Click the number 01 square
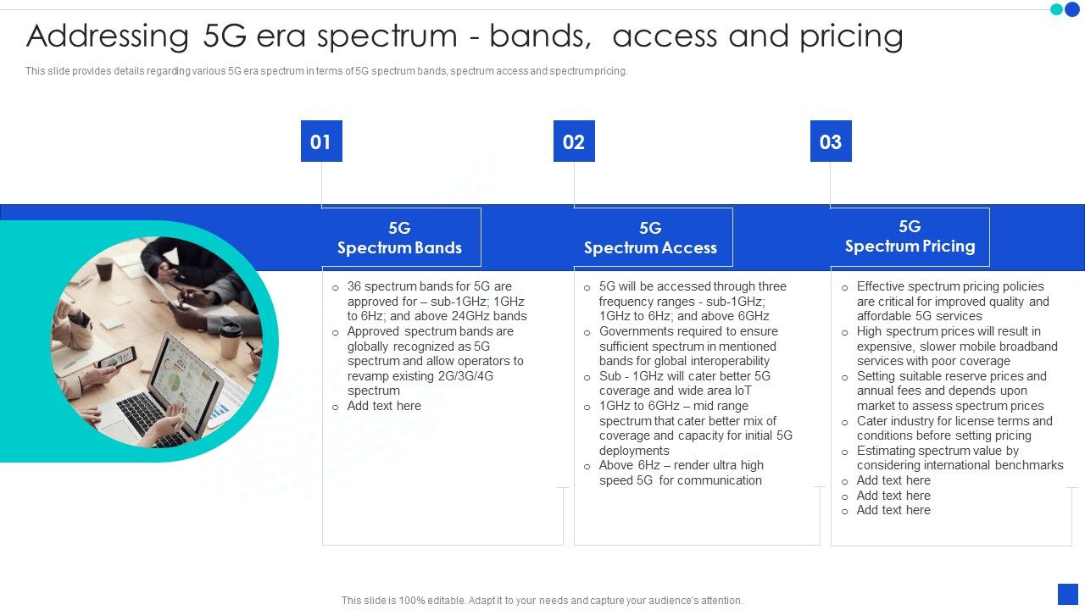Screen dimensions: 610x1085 point(321,141)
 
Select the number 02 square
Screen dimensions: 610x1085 point(574,141)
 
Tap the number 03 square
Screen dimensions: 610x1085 point(831,141)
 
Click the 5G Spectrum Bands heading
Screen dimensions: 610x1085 point(400,238)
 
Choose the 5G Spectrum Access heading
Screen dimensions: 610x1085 point(650,238)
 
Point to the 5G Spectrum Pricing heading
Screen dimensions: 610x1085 point(910,236)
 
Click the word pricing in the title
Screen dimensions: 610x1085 point(851,36)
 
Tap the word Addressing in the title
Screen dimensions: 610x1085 point(108,36)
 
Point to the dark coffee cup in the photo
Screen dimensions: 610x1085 point(103,269)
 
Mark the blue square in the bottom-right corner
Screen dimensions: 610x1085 point(1068,595)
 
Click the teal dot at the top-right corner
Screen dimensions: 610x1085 point(1057,9)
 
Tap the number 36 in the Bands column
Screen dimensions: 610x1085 point(354,286)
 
